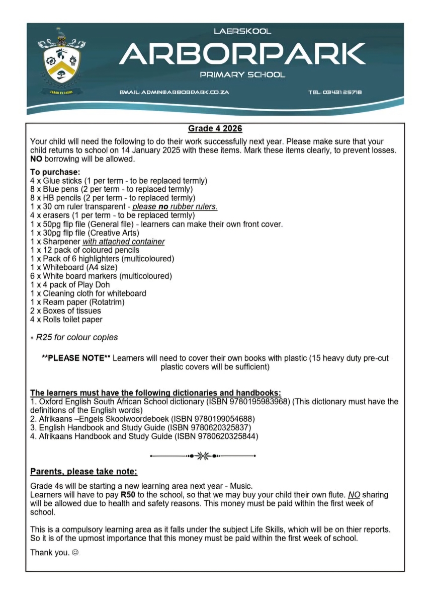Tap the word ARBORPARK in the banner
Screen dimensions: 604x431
click(242, 53)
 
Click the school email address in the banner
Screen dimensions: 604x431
click(175, 92)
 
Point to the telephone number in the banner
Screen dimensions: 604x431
click(335, 92)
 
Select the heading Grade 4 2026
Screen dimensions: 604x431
click(215, 129)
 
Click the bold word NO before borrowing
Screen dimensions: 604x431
click(36, 159)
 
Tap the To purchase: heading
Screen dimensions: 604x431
click(52, 172)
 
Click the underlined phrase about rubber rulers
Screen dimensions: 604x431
click(175, 206)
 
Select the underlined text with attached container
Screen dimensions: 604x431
click(124, 241)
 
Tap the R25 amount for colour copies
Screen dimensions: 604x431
click(44, 337)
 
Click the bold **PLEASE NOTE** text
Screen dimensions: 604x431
click(76, 358)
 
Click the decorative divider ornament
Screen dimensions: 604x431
click(204, 456)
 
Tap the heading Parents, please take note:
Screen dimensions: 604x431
click(83, 472)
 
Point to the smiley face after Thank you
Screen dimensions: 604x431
click(75, 552)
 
